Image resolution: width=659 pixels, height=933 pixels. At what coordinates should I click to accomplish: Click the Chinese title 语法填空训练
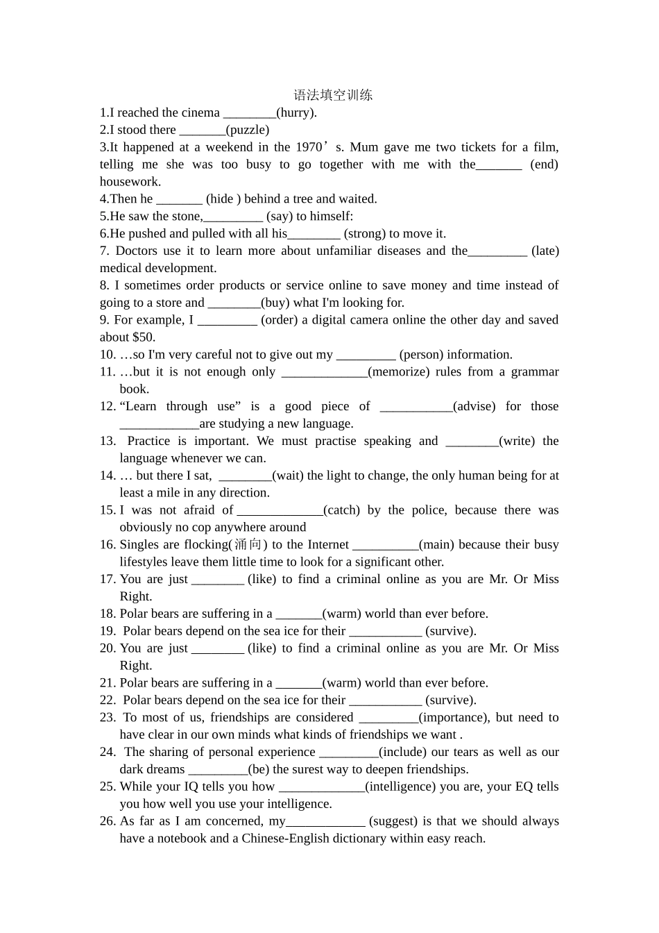pyautogui.click(x=333, y=95)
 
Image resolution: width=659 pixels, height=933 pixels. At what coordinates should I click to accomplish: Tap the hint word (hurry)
pyautogui.click(x=296, y=112)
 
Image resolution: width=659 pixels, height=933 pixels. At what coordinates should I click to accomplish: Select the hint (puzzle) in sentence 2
pyautogui.click(x=248, y=130)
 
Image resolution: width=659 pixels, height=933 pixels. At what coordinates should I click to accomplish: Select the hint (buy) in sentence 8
pyautogui.click(x=275, y=303)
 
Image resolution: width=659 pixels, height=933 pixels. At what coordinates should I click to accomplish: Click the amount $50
pyautogui.click(x=144, y=337)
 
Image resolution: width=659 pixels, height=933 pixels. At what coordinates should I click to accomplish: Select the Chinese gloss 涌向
pyautogui.click(x=248, y=545)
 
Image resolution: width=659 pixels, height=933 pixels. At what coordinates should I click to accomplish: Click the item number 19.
pyautogui.click(x=108, y=631)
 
